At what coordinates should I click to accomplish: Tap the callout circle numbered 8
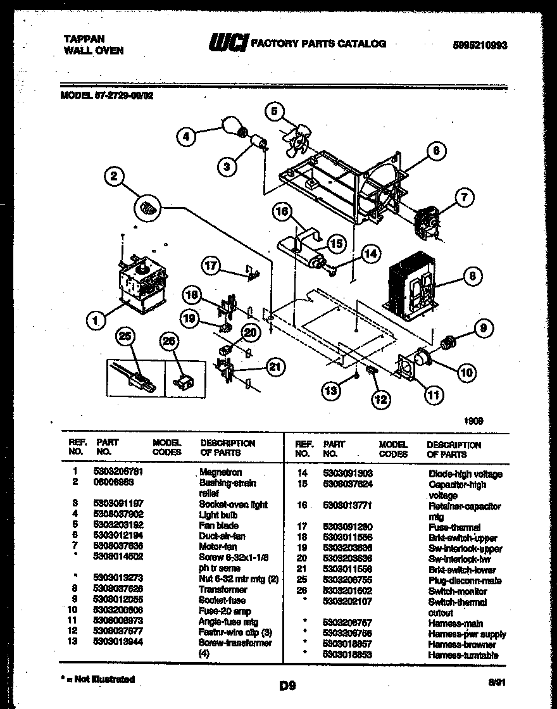pyautogui.click(x=473, y=276)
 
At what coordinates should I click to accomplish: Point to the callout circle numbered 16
pyautogui.click(x=283, y=212)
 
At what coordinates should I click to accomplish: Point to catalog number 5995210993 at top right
pyautogui.click(x=480, y=46)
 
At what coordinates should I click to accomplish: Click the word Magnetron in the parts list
pyautogui.click(x=220, y=472)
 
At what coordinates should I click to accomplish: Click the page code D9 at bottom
pyautogui.click(x=287, y=685)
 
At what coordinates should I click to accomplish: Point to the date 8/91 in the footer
pyautogui.click(x=497, y=683)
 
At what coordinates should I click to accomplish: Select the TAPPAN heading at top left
pyautogui.click(x=84, y=38)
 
